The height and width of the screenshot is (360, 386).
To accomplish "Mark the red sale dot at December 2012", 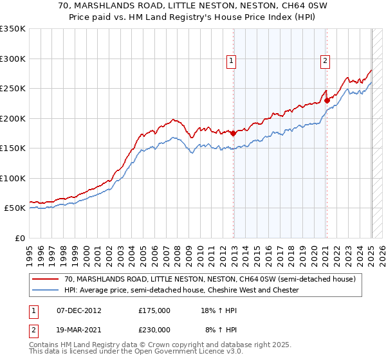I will tap(233, 134).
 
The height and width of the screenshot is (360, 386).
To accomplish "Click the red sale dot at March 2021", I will tap(327, 100).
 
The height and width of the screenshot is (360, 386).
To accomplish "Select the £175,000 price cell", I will tap(154, 310).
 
